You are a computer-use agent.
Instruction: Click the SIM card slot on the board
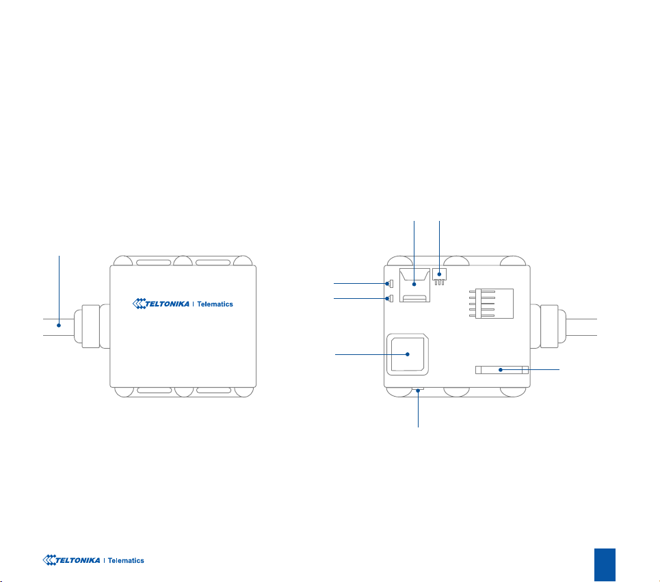pyautogui.click(x=414, y=288)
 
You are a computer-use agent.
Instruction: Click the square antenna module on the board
pyautogui.click(x=408, y=354)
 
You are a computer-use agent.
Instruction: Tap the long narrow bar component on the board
pyautogui.click(x=501, y=370)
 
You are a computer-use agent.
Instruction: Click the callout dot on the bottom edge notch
pyautogui.click(x=418, y=391)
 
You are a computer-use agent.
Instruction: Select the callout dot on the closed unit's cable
pyautogui.click(x=60, y=326)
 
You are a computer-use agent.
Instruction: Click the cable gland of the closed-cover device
pyautogui.click(x=91, y=326)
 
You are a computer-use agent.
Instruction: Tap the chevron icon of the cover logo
pyautogui.click(x=139, y=304)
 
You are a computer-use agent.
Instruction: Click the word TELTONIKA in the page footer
pyautogui.click(x=75, y=560)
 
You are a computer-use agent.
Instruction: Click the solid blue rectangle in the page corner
pyautogui.click(x=605, y=564)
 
